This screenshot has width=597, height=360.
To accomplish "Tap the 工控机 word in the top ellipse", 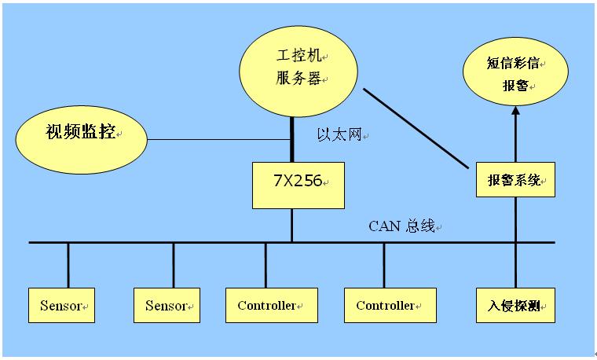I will [296, 57].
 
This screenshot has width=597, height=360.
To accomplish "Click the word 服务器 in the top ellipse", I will [298, 79].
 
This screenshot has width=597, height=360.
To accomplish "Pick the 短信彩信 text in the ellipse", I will [512, 63].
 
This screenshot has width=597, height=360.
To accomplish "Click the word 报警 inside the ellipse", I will [515, 85].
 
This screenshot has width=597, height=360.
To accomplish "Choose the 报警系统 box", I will [515, 180].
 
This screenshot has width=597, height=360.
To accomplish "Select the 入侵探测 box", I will [515, 305].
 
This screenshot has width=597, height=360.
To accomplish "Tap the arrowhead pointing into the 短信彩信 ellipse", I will [515, 112].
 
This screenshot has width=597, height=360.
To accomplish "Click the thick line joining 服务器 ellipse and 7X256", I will [291, 138].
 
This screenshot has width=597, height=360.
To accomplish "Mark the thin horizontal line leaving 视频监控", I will [220, 141].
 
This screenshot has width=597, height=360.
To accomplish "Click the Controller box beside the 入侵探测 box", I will [390, 305].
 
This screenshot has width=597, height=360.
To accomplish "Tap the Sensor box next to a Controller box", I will [167, 305].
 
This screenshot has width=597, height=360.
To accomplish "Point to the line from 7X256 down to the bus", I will [291, 225].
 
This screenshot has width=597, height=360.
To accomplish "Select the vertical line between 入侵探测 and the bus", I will [515, 267].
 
